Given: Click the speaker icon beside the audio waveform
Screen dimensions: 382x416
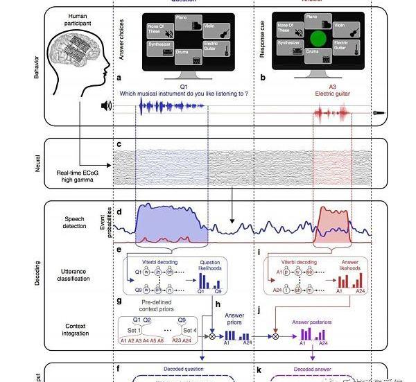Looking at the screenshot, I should (x=106, y=106).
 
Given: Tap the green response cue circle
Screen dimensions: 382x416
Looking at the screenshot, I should (x=318, y=40).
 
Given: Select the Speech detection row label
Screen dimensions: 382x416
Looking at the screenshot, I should (x=75, y=222).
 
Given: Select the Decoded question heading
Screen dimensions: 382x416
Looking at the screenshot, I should (x=184, y=369).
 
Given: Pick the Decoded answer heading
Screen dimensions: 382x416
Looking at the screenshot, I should (x=312, y=369).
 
